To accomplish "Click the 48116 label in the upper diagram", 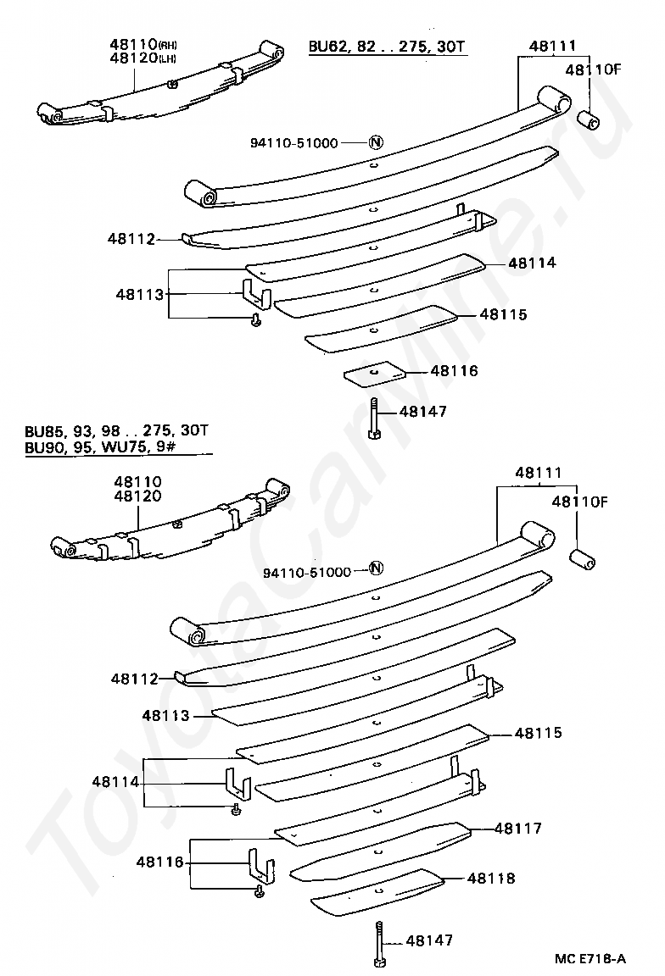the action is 454,371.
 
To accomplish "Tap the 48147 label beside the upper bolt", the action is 422,412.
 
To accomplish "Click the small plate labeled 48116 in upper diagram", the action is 373,373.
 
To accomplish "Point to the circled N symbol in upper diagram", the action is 377,142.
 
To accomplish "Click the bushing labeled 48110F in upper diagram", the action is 589,119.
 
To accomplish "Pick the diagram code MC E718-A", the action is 590,958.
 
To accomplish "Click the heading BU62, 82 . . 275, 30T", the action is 387,46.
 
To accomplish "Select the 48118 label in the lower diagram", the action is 490,879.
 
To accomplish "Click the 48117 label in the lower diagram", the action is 518,828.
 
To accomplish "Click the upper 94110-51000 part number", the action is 294,143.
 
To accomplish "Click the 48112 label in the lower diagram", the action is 133,679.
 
